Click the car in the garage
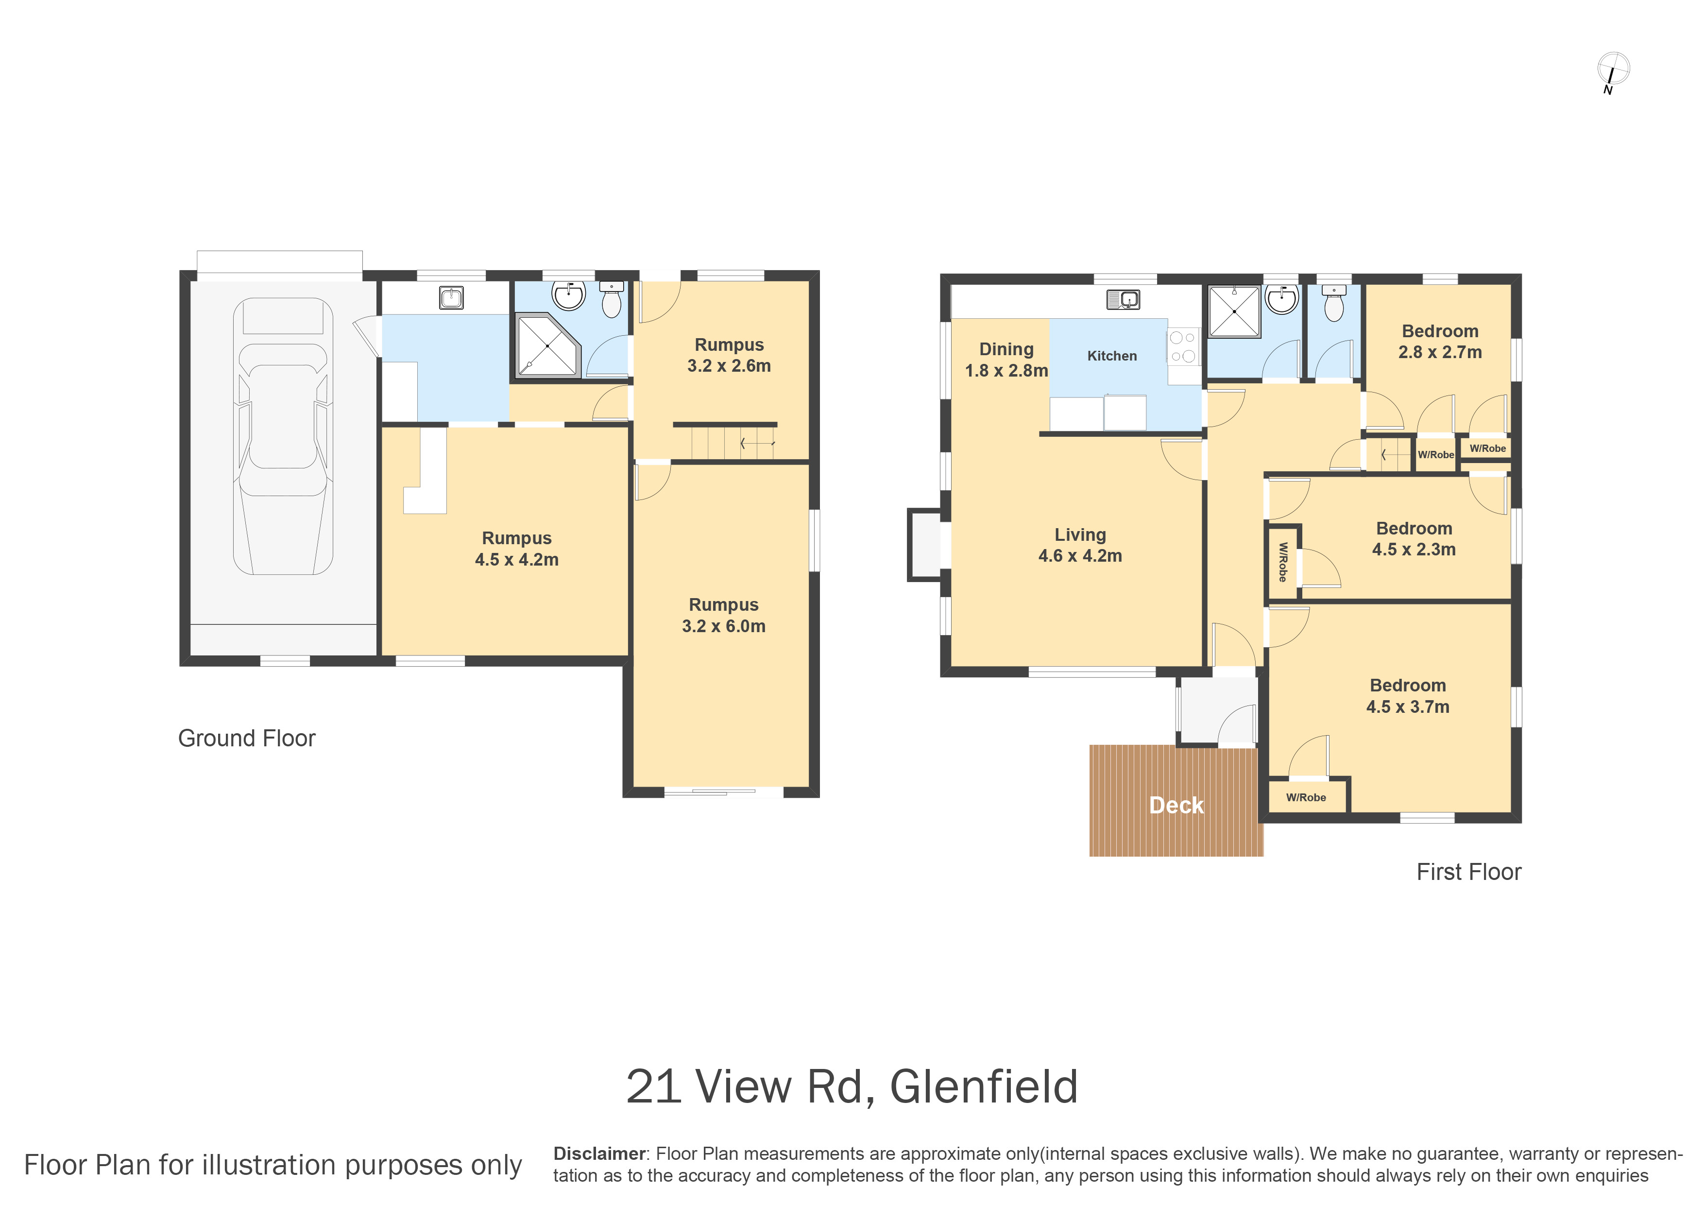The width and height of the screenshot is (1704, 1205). pos(283,436)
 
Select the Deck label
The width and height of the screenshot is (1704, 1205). pos(1176,806)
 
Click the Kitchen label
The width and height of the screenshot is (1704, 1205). pos(1112,356)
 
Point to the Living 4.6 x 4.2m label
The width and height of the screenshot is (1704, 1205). pos(1080,545)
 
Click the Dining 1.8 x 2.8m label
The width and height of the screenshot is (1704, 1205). pos(1006,360)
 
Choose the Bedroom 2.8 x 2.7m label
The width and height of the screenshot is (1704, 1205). pos(1440,342)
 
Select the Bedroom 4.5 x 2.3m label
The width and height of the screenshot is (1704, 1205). pos(1414,539)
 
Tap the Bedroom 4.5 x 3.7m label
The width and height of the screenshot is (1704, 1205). pos(1408,696)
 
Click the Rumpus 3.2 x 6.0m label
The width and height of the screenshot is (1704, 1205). pos(724,616)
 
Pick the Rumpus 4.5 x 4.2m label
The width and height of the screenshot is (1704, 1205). pos(516,549)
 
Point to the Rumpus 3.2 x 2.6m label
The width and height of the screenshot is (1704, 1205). pos(729,355)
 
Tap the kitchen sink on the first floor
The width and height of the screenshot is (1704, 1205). pos(1123,299)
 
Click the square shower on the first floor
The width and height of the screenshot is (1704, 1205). pos(1234,312)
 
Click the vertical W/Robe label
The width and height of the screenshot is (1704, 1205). pos(1282,562)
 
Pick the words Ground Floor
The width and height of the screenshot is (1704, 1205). pos(246,738)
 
